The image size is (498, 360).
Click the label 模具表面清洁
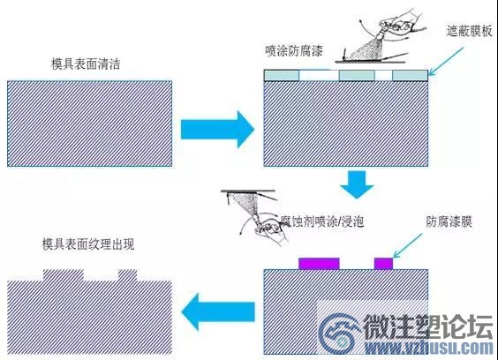pyautogui.click(x=86, y=64)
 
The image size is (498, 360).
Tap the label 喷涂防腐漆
pyautogui.click(x=294, y=51)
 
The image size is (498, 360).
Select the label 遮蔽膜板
pyautogui.click(x=469, y=31)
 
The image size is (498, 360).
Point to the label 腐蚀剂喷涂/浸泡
pyautogui.click(x=322, y=221)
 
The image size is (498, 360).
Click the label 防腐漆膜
pyautogui.click(x=449, y=221)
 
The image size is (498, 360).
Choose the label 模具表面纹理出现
pyautogui.click(x=88, y=244)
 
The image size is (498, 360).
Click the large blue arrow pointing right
pyautogui.click(x=217, y=130)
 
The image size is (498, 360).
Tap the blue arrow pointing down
pyautogui.click(x=357, y=184)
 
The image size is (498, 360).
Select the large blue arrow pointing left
pyautogui.click(x=218, y=311)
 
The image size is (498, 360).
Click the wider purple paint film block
pyautogui.click(x=319, y=264)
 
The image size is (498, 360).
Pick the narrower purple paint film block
pyautogui.click(x=384, y=264)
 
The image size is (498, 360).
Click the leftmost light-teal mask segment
pyautogui.click(x=282, y=76)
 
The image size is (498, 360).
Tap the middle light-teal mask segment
pyautogui.click(x=357, y=76)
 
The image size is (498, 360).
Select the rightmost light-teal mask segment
pyautogui.click(x=410, y=76)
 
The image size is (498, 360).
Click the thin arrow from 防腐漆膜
pyautogui.click(x=408, y=245)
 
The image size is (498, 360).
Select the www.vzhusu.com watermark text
pyautogui.click(x=428, y=348)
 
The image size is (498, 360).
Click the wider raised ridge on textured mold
pyautogui.click(x=64, y=275)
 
